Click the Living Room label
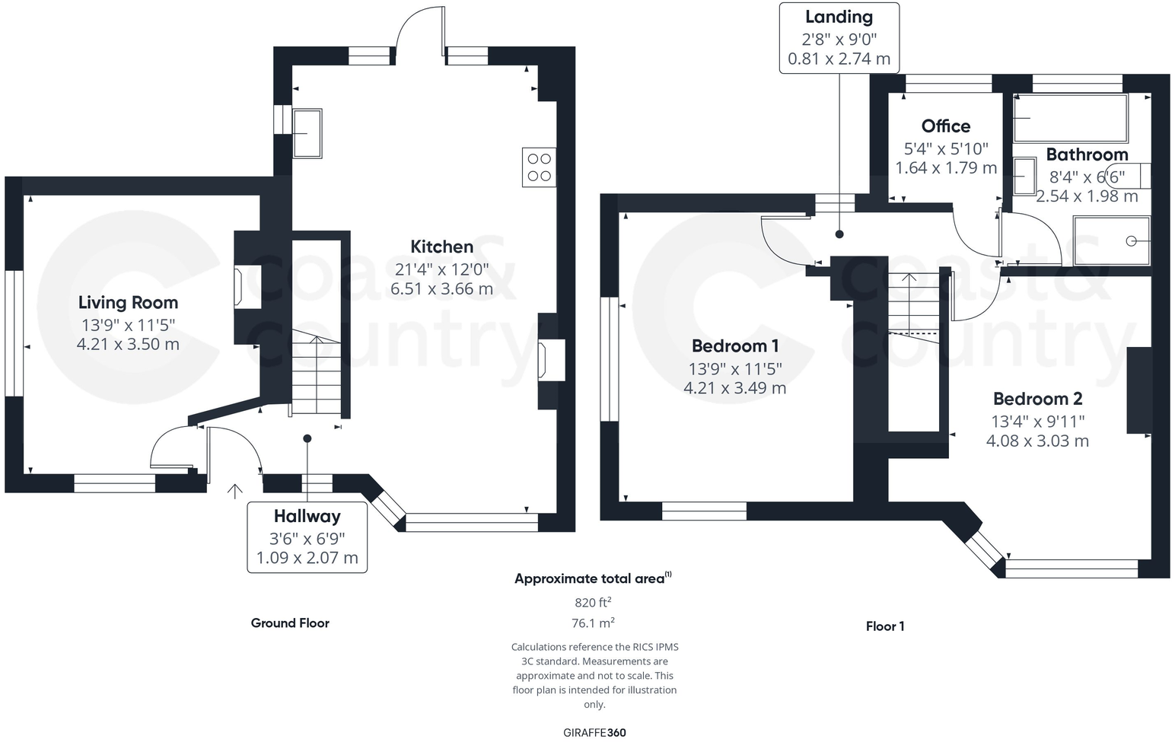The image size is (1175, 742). click(128, 303)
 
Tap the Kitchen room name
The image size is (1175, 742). click(441, 247)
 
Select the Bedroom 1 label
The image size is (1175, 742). click(735, 346)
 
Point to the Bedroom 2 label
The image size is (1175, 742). click(1037, 399)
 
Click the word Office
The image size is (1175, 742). click(945, 126)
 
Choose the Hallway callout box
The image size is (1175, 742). click(307, 537)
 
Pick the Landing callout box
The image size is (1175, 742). click(839, 38)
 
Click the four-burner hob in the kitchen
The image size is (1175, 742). click(539, 167)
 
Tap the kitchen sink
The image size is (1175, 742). click(307, 133)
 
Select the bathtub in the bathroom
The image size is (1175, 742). click(1070, 118)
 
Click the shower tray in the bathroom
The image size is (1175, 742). click(1110, 240)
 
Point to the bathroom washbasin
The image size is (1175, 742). click(1024, 177)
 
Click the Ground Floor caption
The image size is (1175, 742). click(290, 623)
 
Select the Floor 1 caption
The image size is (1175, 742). click(884, 626)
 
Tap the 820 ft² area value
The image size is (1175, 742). click(593, 603)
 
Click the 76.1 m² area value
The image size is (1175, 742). click(593, 623)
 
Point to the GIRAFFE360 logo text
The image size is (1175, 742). click(594, 733)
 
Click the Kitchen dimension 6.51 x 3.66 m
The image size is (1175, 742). click(441, 289)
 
